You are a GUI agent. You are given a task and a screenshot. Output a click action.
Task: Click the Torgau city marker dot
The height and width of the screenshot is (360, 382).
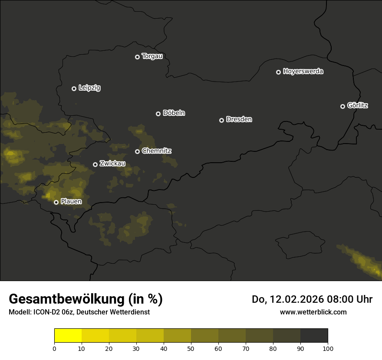tap(137, 57)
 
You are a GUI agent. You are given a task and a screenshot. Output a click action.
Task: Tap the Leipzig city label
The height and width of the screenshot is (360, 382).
tap(89, 88)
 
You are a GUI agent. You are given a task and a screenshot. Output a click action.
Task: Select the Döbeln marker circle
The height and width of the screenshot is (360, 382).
tap(158, 114)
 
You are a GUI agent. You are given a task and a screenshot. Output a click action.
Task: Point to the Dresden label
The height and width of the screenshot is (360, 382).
tap(239, 119)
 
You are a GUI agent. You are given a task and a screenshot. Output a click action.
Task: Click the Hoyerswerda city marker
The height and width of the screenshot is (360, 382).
tap(278, 72)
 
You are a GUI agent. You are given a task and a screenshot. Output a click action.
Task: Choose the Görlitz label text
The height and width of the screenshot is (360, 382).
tap(358, 105)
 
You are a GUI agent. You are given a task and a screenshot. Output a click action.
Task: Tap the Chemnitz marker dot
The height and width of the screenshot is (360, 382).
tap(137, 151)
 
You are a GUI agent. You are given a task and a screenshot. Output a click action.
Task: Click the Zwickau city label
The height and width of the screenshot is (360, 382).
tap(112, 164)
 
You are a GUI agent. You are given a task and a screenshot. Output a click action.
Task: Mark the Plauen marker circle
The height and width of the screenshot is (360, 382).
tap(56, 202)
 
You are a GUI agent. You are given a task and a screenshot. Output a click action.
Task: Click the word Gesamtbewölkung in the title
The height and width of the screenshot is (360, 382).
tap(67, 299)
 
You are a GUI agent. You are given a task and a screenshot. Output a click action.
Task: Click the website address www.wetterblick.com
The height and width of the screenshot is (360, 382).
tap(313, 312)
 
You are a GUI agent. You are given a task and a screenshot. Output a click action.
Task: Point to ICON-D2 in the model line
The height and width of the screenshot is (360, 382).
tap(46, 312)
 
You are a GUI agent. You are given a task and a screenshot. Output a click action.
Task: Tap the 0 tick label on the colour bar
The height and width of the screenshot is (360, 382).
tap(54, 348)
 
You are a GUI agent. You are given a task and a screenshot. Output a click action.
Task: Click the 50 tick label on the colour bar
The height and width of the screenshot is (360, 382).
tap(191, 348)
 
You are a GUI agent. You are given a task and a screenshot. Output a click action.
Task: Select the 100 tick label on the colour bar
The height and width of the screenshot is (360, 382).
tap(328, 348)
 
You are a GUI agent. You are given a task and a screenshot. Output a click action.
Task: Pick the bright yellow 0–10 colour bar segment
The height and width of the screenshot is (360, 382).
tap(68, 336)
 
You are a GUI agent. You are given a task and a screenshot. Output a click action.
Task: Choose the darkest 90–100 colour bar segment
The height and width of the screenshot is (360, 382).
tap(314, 336)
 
